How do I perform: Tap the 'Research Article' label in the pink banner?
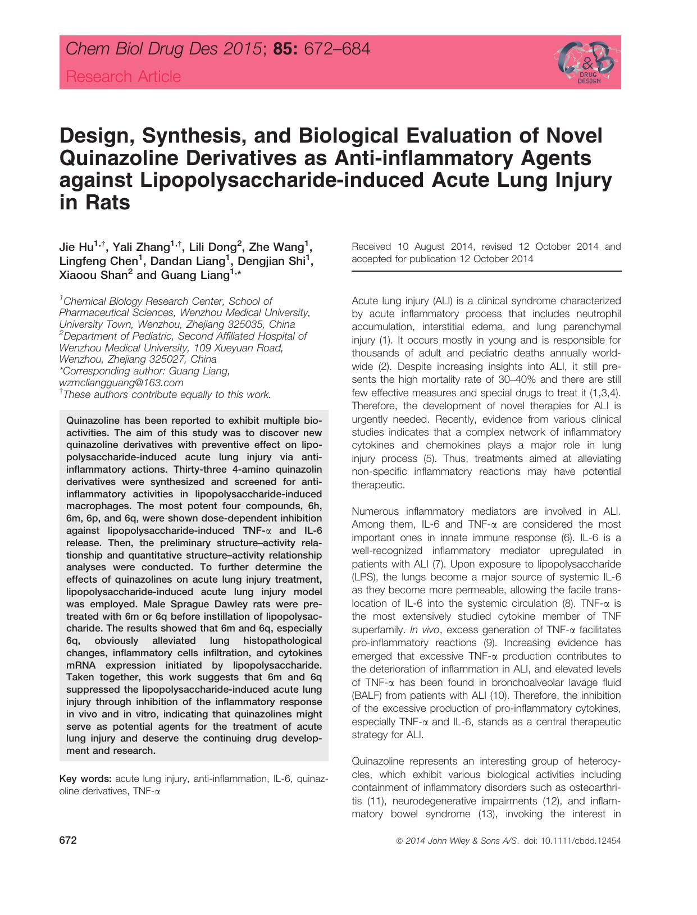[124, 76]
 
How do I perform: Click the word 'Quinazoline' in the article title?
[113, 158]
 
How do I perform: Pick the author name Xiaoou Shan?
[93, 275]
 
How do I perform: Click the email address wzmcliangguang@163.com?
[121, 383]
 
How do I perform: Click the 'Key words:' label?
[86, 779]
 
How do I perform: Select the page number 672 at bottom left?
[67, 841]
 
